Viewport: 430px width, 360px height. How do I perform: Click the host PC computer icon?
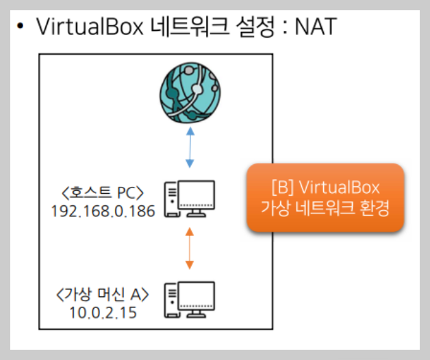click(189, 199)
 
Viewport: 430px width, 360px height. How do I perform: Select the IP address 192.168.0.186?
click(103, 210)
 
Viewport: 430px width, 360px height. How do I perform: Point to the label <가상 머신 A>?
click(100, 294)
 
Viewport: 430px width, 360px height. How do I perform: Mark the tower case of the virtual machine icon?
click(171, 301)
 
